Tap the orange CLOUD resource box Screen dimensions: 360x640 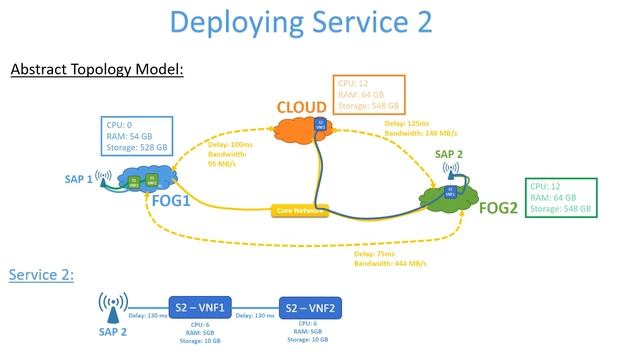click(x=368, y=94)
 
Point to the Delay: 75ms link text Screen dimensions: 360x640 click(x=392, y=259)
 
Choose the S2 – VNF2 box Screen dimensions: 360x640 click(x=317, y=308)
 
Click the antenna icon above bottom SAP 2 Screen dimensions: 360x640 click(x=112, y=304)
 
